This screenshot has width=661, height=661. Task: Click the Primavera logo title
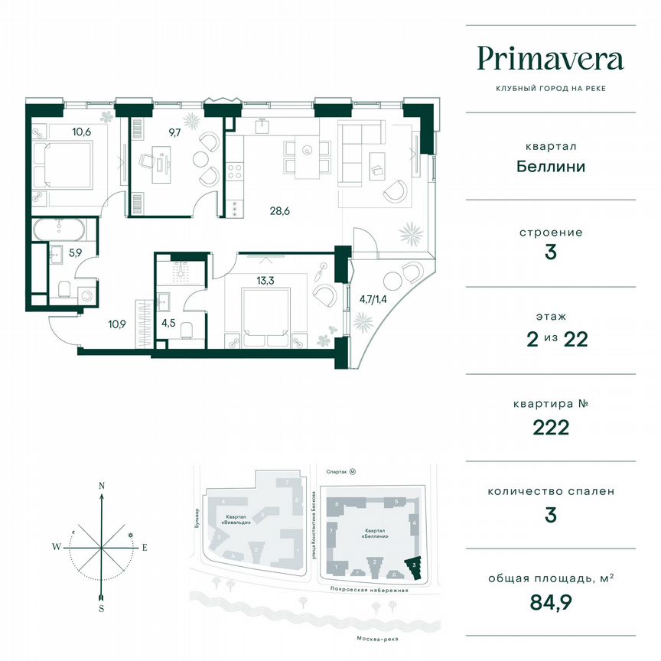[x=551, y=58]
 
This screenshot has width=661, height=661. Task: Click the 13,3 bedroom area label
[x=265, y=280]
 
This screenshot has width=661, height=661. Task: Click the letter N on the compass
[x=101, y=486]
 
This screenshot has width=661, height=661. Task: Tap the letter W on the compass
[x=57, y=547]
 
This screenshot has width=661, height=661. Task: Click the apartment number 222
[x=551, y=428]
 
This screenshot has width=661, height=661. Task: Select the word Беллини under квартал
[x=551, y=166]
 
